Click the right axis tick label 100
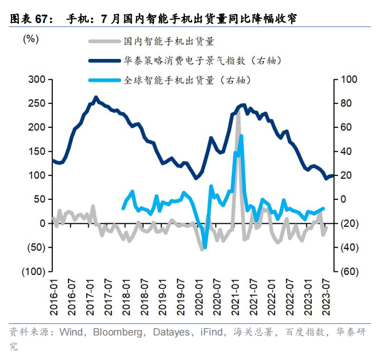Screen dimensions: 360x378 [349, 79]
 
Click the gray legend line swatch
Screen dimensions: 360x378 [104, 41]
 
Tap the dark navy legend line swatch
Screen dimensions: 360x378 [104, 61]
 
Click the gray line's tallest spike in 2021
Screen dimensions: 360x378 [238, 111]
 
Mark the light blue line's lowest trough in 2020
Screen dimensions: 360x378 [204, 246]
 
